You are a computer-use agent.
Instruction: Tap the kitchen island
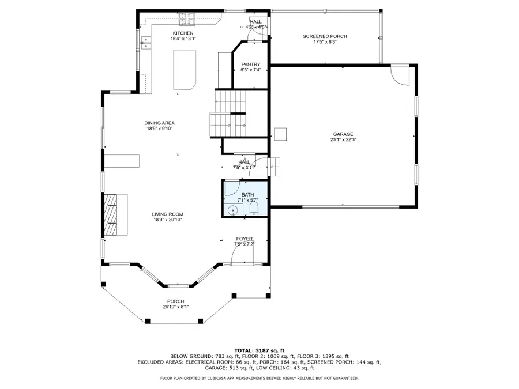tap(185, 69)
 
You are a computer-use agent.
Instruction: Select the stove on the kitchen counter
tap(188, 22)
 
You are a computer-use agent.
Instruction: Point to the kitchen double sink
tap(146, 41)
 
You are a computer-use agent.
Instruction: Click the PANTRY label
tap(251, 65)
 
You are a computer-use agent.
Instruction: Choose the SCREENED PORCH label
tap(325, 36)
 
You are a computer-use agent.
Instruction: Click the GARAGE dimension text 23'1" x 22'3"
tap(343, 139)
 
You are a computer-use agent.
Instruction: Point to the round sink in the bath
tap(232, 210)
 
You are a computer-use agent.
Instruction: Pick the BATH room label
tap(247, 195)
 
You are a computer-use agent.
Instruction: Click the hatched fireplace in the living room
tap(110, 214)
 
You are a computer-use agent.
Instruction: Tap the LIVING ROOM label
tap(168, 214)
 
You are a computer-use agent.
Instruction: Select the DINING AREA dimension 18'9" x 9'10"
tap(160, 129)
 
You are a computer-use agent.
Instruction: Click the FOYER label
tap(244, 239)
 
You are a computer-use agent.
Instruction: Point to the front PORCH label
tap(175, 301)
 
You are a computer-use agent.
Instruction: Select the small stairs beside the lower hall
tap(275, 167)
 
